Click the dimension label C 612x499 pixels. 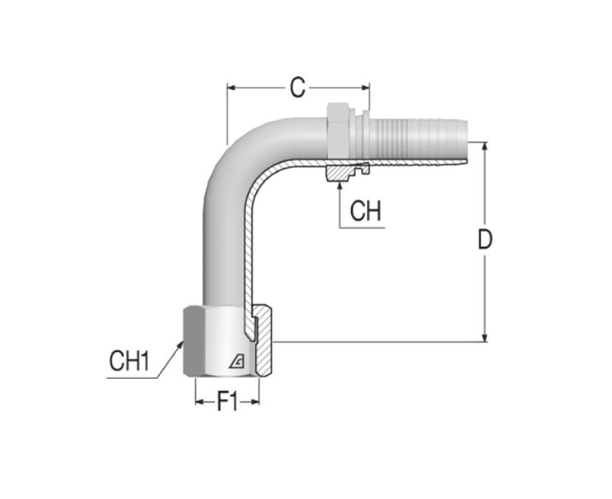(x=297, y=88)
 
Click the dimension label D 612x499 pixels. (x=485, y=239)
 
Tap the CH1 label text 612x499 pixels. (x=129, y=360)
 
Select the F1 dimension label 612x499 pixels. (x=227, y=402)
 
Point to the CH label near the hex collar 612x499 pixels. (x=365, y=211)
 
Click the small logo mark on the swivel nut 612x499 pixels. (x=237, y=362)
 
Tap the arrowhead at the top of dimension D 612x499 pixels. (x=484, y=146)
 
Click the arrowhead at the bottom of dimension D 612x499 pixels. (x=484, y=337)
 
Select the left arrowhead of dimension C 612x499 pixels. (x=232, y=88)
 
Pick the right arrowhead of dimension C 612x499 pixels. (x=365, y=88)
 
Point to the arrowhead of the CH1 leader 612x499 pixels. (x=181, y=345)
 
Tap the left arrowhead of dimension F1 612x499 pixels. (x=199, y=402)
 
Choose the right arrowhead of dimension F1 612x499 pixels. (x=255, y=402)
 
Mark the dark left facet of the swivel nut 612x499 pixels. (x=194, y=342)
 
